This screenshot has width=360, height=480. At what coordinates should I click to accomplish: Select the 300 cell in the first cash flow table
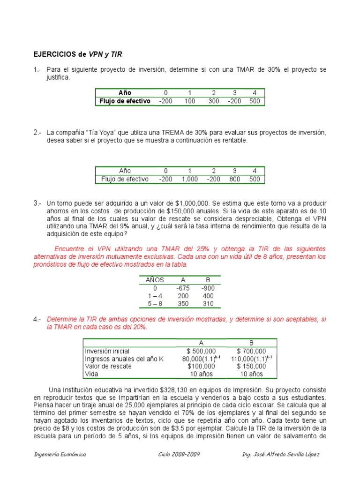(214, 101)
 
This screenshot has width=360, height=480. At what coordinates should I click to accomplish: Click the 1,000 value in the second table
(190, 179)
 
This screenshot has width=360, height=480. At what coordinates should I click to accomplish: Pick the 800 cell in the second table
(235, 179)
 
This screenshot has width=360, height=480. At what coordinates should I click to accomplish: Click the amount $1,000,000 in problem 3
(192, 203)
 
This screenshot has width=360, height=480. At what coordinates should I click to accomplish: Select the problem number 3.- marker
(37, 203)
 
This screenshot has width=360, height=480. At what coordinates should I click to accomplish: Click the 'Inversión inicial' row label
(107, 351)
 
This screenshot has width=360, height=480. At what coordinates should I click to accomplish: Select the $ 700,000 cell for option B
(251, 351)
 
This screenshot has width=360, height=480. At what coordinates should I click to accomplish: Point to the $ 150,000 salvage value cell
(251, 366)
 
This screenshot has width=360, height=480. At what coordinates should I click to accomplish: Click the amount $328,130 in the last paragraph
(178, 390)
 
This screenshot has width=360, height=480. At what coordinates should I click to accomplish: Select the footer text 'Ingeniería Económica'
(60, 455)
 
